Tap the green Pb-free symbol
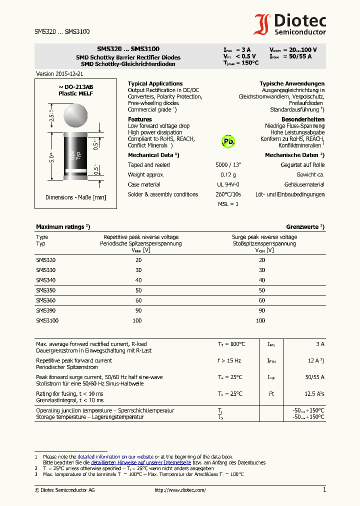point(228,141)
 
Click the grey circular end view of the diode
point(76,115)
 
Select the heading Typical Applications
point(155,83)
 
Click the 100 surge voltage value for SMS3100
point(260,320)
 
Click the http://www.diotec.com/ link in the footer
point(180,490)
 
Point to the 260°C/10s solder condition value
point(228,194)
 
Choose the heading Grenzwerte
point(305,226)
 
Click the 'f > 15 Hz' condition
point(229,360)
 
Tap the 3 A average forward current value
point(320,344)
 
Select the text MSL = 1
point(228,204)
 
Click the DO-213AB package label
point(76,87)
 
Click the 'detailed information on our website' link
point(115,456)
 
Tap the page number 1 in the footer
point(324,490)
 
